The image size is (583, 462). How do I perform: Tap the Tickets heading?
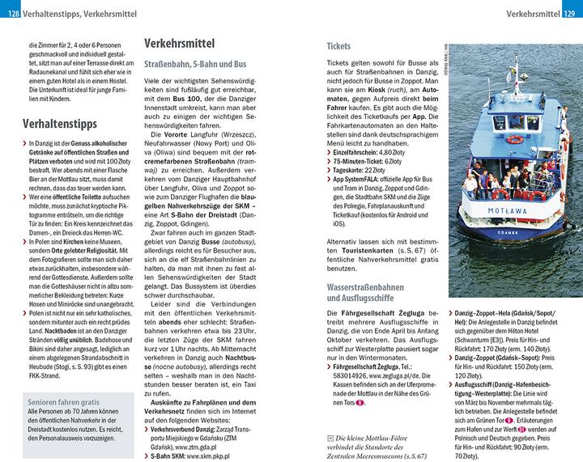pyautogui.click(x=338, y=46)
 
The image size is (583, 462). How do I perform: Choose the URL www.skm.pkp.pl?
pyautogui.click(x=210, y=456)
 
